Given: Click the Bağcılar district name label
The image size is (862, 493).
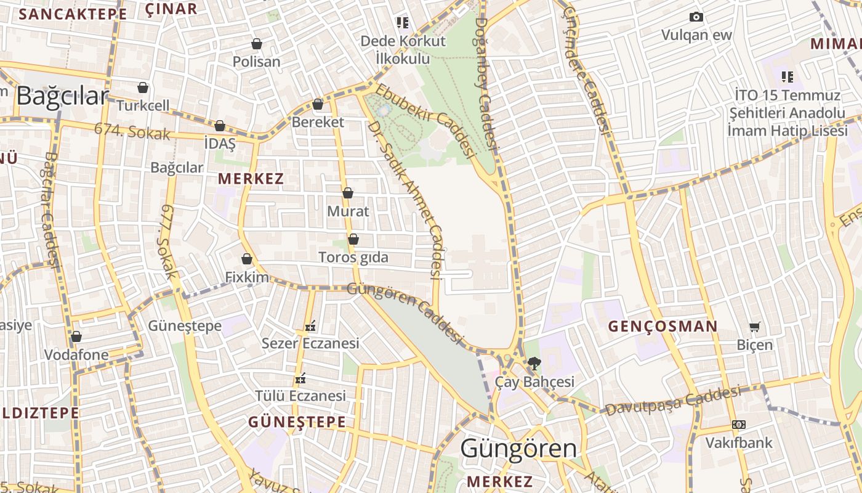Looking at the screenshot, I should [x=62, y=96].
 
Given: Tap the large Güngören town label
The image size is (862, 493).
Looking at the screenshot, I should [x=518, y=449].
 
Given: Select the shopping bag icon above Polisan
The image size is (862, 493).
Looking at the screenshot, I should [x=257, y=44].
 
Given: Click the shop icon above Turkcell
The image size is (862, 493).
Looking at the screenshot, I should [x=143, y=88].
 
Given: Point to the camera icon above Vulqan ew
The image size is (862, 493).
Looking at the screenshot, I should [x=696, y=17].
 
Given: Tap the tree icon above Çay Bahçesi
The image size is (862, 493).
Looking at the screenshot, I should [x=534, y=364].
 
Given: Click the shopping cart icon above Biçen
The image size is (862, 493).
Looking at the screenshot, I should [x=754, y=326].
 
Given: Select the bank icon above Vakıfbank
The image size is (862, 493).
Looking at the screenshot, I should [x=738, y=425].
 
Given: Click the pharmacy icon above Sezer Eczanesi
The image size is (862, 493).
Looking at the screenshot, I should [x=310, y=325].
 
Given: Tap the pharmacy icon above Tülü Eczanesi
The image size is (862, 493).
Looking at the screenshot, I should [x=300, y=377].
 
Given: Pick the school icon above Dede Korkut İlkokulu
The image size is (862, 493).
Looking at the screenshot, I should [x=403, y=23].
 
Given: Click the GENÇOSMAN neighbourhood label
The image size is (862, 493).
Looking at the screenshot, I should [x=663, y=327].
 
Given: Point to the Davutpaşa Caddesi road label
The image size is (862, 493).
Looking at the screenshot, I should [x=672, y=401].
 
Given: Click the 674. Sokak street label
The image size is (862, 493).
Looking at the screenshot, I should [x=132, y=131].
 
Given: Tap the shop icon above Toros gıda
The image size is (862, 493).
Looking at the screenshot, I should [x=353, y=238].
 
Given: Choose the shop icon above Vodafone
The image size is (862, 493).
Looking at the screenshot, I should [x=76, y=336].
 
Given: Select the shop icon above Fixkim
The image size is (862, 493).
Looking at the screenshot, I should [x=247, y=259].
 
